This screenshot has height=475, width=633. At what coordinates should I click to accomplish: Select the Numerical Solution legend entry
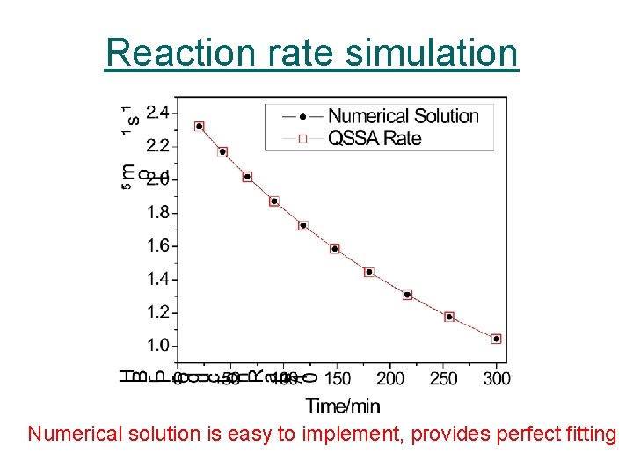pyautogui.click(x=403, y=116)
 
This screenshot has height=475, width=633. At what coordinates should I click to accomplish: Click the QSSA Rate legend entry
pyautogui.click(x=375, y=138)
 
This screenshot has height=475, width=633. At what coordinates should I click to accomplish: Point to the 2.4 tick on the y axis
pyautogui.click(x=158, y=112)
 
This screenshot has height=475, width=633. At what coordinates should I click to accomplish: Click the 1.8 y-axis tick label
pyautogui.click(x=158, y=212)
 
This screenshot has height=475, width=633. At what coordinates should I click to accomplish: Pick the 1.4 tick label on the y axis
pyautogui.click(x=158, y=279)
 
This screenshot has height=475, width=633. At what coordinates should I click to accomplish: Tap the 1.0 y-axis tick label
pyautogui.click(x=158, y=346)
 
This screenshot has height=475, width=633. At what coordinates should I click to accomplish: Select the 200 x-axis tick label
pyautogui.click(x=390, y=378)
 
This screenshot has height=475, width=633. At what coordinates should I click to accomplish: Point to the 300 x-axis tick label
pyautogui.click(x=497, y=378)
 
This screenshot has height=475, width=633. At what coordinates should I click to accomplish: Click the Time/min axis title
pyautogui.click(x=343, y=405)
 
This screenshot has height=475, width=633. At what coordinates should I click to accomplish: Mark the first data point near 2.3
pyautogui.click(x=200, y=127)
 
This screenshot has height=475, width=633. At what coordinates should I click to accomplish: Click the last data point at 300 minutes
pyautogui.click(x=497, y=339)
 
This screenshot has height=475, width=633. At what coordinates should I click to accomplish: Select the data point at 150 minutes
pyautogui.click(x=335, y=249)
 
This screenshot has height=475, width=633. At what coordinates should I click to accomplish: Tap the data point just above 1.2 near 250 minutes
pyautogui.click(x=449, y=317)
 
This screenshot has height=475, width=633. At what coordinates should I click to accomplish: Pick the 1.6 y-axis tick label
pyautogui.click(x=158, y=245)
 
